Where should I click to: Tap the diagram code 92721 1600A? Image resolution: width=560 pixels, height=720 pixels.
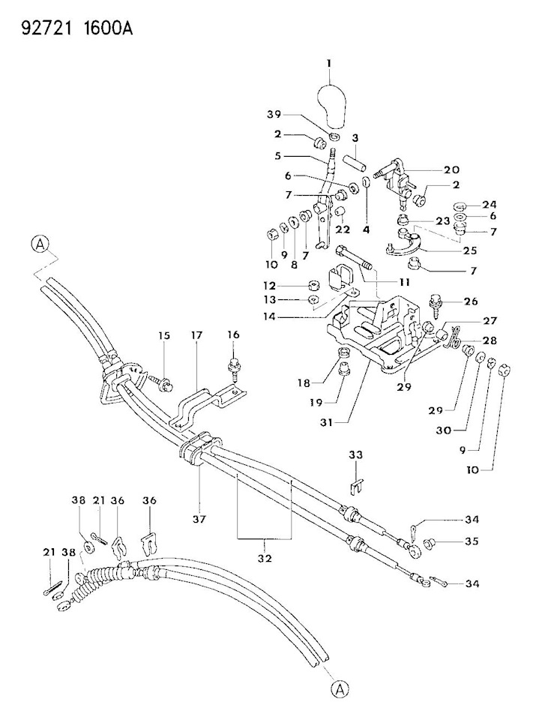pyautogui.click(x=77, y=29)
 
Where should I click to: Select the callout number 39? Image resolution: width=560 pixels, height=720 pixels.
pyautogui.click(x=274, y=114)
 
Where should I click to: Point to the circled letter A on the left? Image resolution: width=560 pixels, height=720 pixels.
pyautogui.click(x=40, y=244)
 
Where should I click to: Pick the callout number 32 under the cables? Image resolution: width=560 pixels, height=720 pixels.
pyautogui.click(x=265, y=558)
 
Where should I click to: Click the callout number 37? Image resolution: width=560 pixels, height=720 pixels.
pyautogui.click(x=199, y=519)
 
